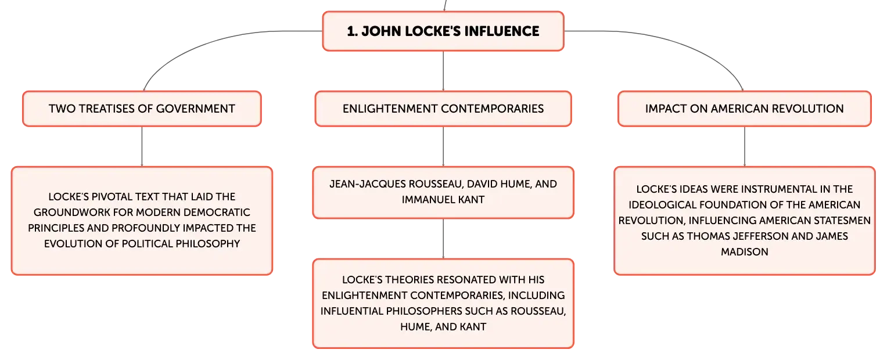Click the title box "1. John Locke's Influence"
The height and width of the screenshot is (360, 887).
click(443, 31)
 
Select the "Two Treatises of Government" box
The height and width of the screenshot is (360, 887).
click(142, 109)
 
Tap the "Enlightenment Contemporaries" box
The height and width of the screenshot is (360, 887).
click(443, 109)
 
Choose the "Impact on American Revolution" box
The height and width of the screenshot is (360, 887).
click(744, 109)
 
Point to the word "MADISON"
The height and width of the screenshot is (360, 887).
click(744, 252)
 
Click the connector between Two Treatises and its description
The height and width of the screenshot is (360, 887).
click(142, 146)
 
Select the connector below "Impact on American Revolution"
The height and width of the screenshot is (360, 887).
click(745, 146)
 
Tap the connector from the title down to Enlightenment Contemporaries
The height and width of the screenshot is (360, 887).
click(443, 70)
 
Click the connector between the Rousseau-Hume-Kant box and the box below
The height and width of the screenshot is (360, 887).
click(443, 239)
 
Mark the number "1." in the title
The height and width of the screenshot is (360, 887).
click(351, 31)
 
